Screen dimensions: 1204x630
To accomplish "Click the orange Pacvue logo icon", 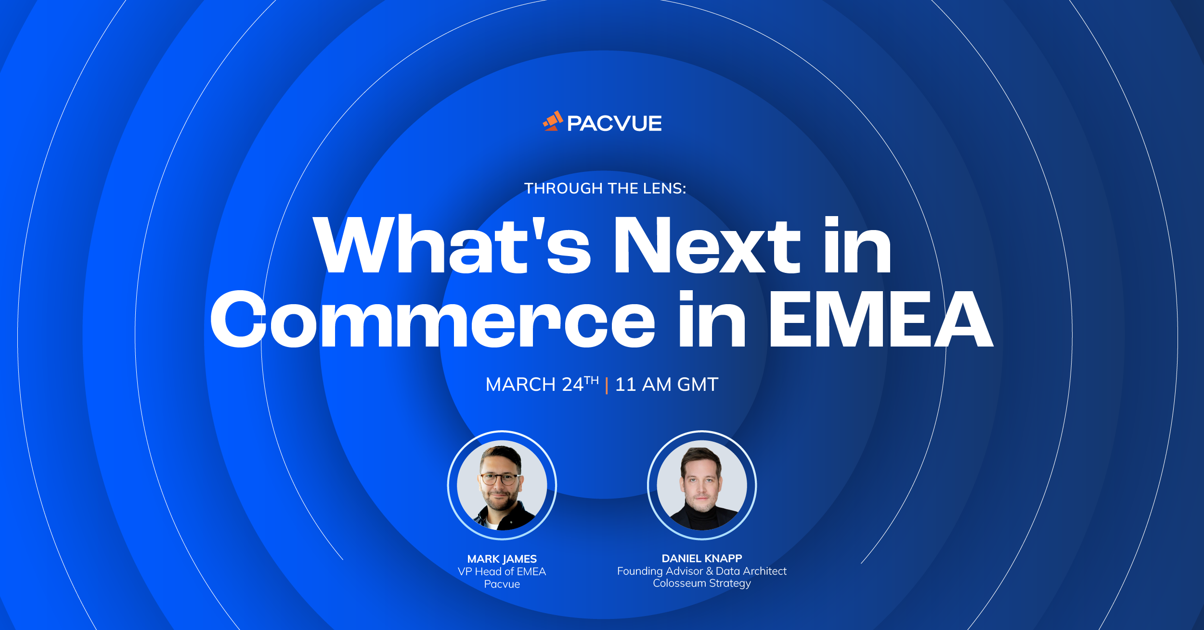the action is pos(553,121).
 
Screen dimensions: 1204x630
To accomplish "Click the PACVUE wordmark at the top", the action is pos(614,124).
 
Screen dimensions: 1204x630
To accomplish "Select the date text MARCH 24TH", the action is pos(542,384).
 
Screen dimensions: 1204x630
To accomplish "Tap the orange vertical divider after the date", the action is pos(607,386).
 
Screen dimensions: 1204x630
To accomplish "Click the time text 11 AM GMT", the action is pos(667,385).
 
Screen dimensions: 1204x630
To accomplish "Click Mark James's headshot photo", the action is pos(502,485).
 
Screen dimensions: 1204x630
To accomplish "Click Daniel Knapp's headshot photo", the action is pos(702,485).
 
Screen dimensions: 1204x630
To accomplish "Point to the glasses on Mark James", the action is pos(500,479).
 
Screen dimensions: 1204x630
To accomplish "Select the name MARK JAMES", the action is pos(502,559).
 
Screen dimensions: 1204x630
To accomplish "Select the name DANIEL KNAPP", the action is pos(702,558).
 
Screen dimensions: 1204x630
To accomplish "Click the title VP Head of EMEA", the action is pos(502,571).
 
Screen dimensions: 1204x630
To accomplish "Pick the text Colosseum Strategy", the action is pos(702,583).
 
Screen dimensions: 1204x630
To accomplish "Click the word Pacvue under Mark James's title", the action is pos(502,584).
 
